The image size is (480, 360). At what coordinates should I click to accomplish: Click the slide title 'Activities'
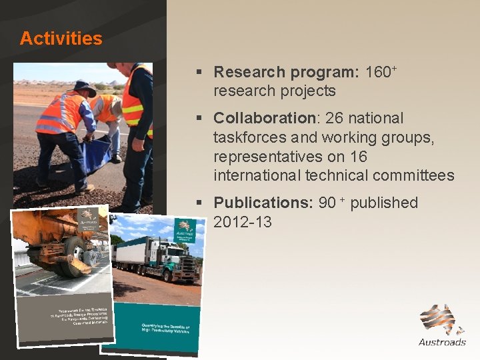(x=61, y=39)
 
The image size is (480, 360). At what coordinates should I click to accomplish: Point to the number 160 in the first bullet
(x=378, y=72)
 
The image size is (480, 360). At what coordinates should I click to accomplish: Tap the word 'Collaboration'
(x=265, y=118)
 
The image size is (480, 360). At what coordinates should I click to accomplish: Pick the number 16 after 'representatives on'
(x=376, y=157)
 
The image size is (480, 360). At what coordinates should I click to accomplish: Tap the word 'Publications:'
(x=263, y=203)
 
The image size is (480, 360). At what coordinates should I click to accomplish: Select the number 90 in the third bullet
(x=327, y=203)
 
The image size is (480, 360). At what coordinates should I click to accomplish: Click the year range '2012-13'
(x=243, y=222)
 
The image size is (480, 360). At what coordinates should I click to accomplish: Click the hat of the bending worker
(x=85, y=87)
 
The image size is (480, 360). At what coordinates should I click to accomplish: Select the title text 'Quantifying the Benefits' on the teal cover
(x=165, y=329)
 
